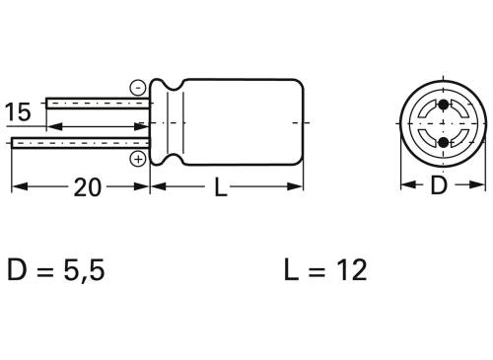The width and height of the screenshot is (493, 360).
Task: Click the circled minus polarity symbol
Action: [x=138, y=87]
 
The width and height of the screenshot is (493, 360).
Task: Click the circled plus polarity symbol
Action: [x=138, y=159]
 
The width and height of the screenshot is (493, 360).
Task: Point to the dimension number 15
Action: [x=18, y=111]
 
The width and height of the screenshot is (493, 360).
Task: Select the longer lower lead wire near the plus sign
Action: [x=79, y=144]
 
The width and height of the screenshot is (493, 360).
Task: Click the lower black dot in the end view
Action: [x=442, y=143]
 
